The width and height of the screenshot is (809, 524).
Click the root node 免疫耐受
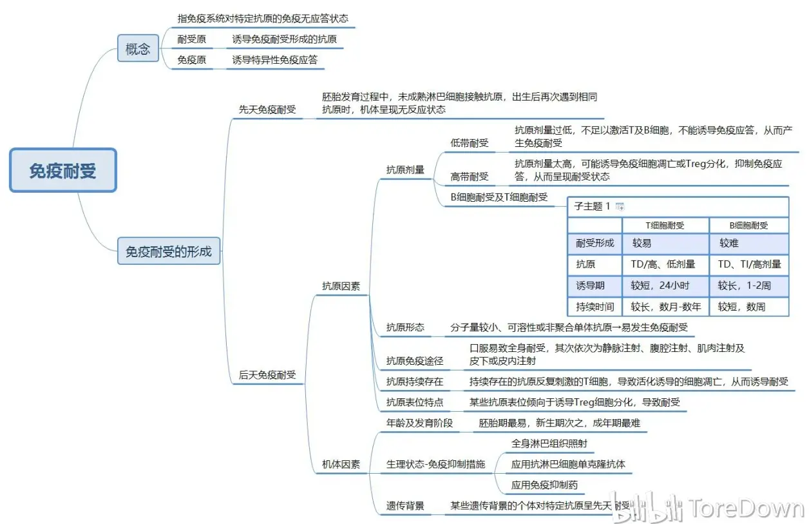pos(63,170)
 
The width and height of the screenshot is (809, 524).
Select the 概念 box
pos(138,48)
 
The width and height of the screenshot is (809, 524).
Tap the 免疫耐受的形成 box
pos(169,251)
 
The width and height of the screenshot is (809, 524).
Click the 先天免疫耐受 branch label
pos(267,109)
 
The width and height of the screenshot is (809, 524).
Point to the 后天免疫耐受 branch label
pos(267,374)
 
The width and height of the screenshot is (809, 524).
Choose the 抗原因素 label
pos(341,286)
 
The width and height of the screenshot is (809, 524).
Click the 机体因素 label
pos(341,464)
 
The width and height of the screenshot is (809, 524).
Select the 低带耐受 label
pos(469,143)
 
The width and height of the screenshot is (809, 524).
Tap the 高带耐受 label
pos(469,177)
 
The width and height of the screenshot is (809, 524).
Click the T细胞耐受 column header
pos(665,226)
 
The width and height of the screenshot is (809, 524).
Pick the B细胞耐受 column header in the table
pos(748,226)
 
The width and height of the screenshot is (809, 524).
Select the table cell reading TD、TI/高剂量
pos(749,264)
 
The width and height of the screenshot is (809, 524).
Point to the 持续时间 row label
pos(595,307)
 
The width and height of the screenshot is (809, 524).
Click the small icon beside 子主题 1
pos(620,206)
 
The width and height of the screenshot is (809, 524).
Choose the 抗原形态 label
pos(405,327)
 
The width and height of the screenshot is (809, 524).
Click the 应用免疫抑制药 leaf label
pos(544,485)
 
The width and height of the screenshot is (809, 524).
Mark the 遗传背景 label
pos(405,505)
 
